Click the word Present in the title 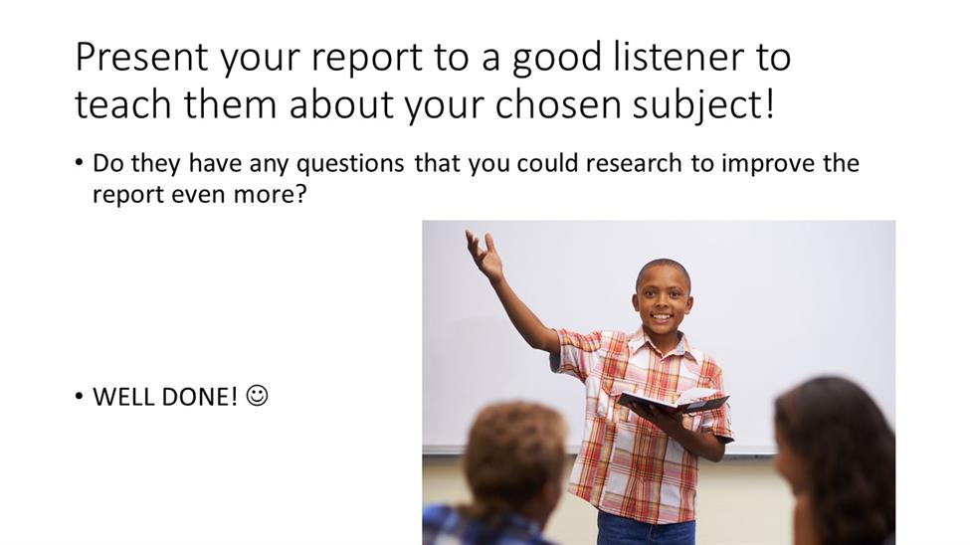point(141,57)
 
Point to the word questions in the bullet point(350,164)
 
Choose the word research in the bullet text point(634,163)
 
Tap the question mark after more point(299,194)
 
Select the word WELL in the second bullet point(123,397)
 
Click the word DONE point(196,397)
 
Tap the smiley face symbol point(257,396)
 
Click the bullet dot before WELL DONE point(79,397)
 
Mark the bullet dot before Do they point(79,163)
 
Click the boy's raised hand point(485,254)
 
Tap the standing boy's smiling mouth point(662,317)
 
